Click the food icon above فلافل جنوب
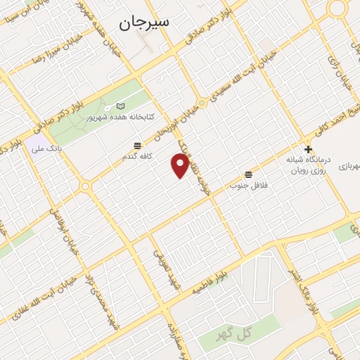point(248,174)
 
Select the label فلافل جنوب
point(245,186)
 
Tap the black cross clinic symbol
point(308,149)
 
